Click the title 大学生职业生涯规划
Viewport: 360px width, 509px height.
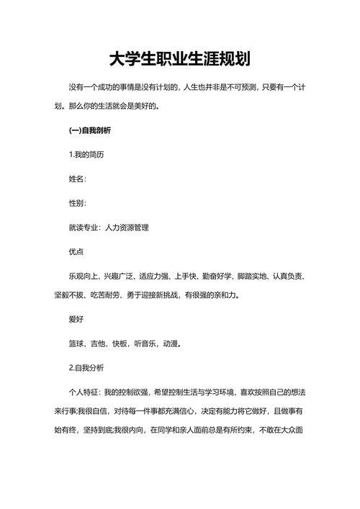click(x=179, y=58)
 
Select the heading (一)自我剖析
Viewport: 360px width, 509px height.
click(x=90, y=131)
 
